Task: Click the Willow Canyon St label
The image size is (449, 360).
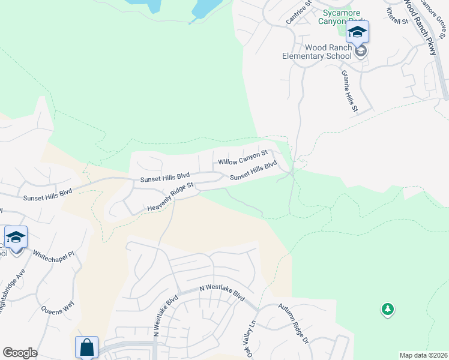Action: (242, 158)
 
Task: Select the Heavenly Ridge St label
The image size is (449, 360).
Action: (173, 197)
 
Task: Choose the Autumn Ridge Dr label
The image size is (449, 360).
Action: (292, 323)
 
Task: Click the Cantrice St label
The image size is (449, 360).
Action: (299, 13)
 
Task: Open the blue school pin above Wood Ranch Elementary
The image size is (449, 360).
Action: (357, 32)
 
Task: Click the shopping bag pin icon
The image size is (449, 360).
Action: (86, 346)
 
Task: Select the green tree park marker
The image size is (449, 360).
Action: (388, 310)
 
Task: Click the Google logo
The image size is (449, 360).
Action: (20, 353)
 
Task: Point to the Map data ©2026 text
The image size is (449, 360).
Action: (423, 355)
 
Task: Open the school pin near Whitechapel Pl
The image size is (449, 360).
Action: (16, 237)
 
